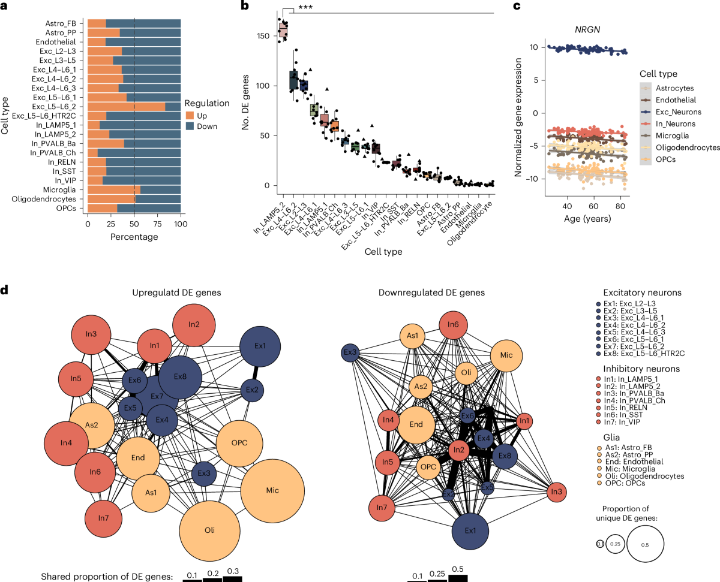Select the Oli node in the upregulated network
tap(209, 530)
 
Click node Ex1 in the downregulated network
tap(470, 530)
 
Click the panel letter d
tap(5, 291)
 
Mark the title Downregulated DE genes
tap(433, 292)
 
